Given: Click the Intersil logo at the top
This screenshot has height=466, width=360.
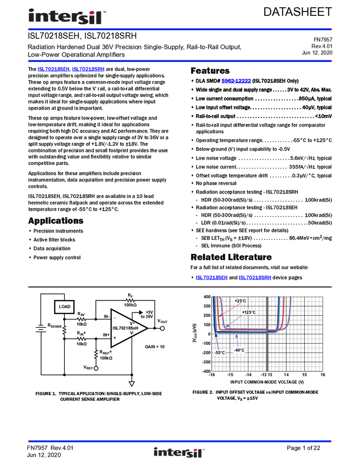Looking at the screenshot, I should pos(66,16).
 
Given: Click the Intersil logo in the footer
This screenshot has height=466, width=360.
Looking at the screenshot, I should pos(179,452).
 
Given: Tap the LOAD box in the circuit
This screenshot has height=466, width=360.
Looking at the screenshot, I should pos(64,307).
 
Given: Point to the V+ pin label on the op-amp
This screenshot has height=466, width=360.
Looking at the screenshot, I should pos(132,323).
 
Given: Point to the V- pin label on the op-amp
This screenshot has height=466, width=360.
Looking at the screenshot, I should pos(132,333).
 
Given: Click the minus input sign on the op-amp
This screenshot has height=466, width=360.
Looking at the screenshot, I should pos(115,318).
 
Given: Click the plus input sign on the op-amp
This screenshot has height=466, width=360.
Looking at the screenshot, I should pos(115,338).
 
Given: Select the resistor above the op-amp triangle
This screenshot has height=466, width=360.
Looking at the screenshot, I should pos(130,300).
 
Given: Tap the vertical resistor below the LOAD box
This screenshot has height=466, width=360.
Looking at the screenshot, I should pos(65,329).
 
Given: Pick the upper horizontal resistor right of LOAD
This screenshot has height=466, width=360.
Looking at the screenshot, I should pos(81,319).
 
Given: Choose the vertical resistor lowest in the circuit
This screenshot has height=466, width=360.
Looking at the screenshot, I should pos(96,354).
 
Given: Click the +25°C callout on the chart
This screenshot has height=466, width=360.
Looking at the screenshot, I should pos(240,301).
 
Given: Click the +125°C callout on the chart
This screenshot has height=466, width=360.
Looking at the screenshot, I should pos(249,312).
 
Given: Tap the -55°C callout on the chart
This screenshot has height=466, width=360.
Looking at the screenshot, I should pos(219,353).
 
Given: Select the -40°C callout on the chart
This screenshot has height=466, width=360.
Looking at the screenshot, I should pos(239,350).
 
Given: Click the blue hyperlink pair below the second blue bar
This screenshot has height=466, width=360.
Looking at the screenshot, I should pos(71,70).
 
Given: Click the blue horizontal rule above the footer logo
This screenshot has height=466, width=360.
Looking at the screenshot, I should pos(180,441).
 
